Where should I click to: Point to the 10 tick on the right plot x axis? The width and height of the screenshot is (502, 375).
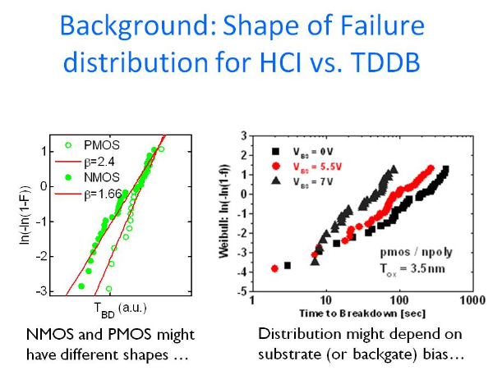[326, 301]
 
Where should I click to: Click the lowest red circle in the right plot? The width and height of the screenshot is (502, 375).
[274, 268]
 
